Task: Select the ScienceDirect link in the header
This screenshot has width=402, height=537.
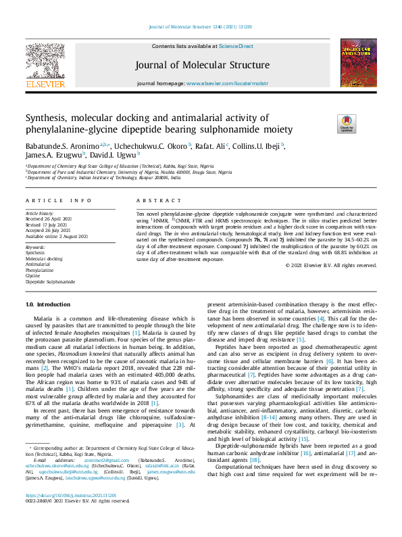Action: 236,46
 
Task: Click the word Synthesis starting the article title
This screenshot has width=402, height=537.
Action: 49,118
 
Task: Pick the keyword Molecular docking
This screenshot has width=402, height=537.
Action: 44,259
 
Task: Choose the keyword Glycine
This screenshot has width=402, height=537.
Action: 33,276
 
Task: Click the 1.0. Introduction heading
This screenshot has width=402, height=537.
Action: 48,305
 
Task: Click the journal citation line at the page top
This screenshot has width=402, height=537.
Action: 201,28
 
